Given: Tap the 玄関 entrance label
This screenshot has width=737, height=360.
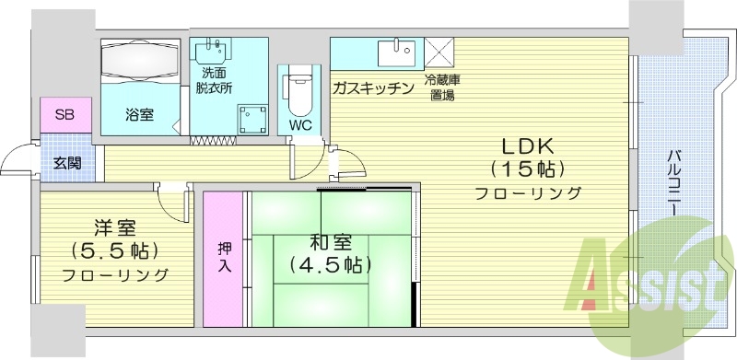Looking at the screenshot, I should [x=65, y=163].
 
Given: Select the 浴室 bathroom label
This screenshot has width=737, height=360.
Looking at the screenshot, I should [x=140, y=114].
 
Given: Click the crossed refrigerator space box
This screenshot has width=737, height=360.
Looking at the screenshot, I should [x=437, y=49].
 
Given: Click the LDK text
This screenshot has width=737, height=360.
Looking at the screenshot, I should [x=525, y=145].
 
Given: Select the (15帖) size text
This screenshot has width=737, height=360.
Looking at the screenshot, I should [x=525, y=169].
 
